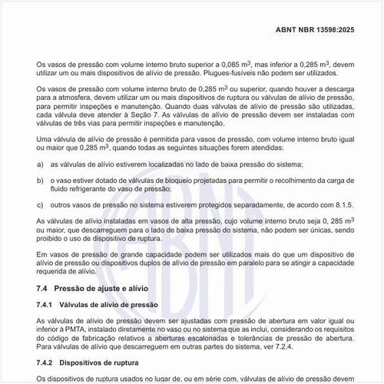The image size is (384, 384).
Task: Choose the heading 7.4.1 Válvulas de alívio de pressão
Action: tap(98, 305)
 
